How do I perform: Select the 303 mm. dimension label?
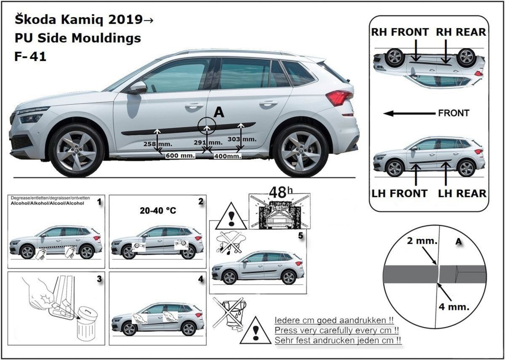pos(242,139)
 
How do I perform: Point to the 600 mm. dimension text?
pos(180,155)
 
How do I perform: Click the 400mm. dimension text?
pos(228,156)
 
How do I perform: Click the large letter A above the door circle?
pos(219,112)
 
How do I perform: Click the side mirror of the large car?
pos(138,88)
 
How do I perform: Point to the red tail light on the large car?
pos(339,98)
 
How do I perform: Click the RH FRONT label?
pos(400,32)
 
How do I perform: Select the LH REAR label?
pos(462,193)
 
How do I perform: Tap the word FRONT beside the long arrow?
pos(454,113)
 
